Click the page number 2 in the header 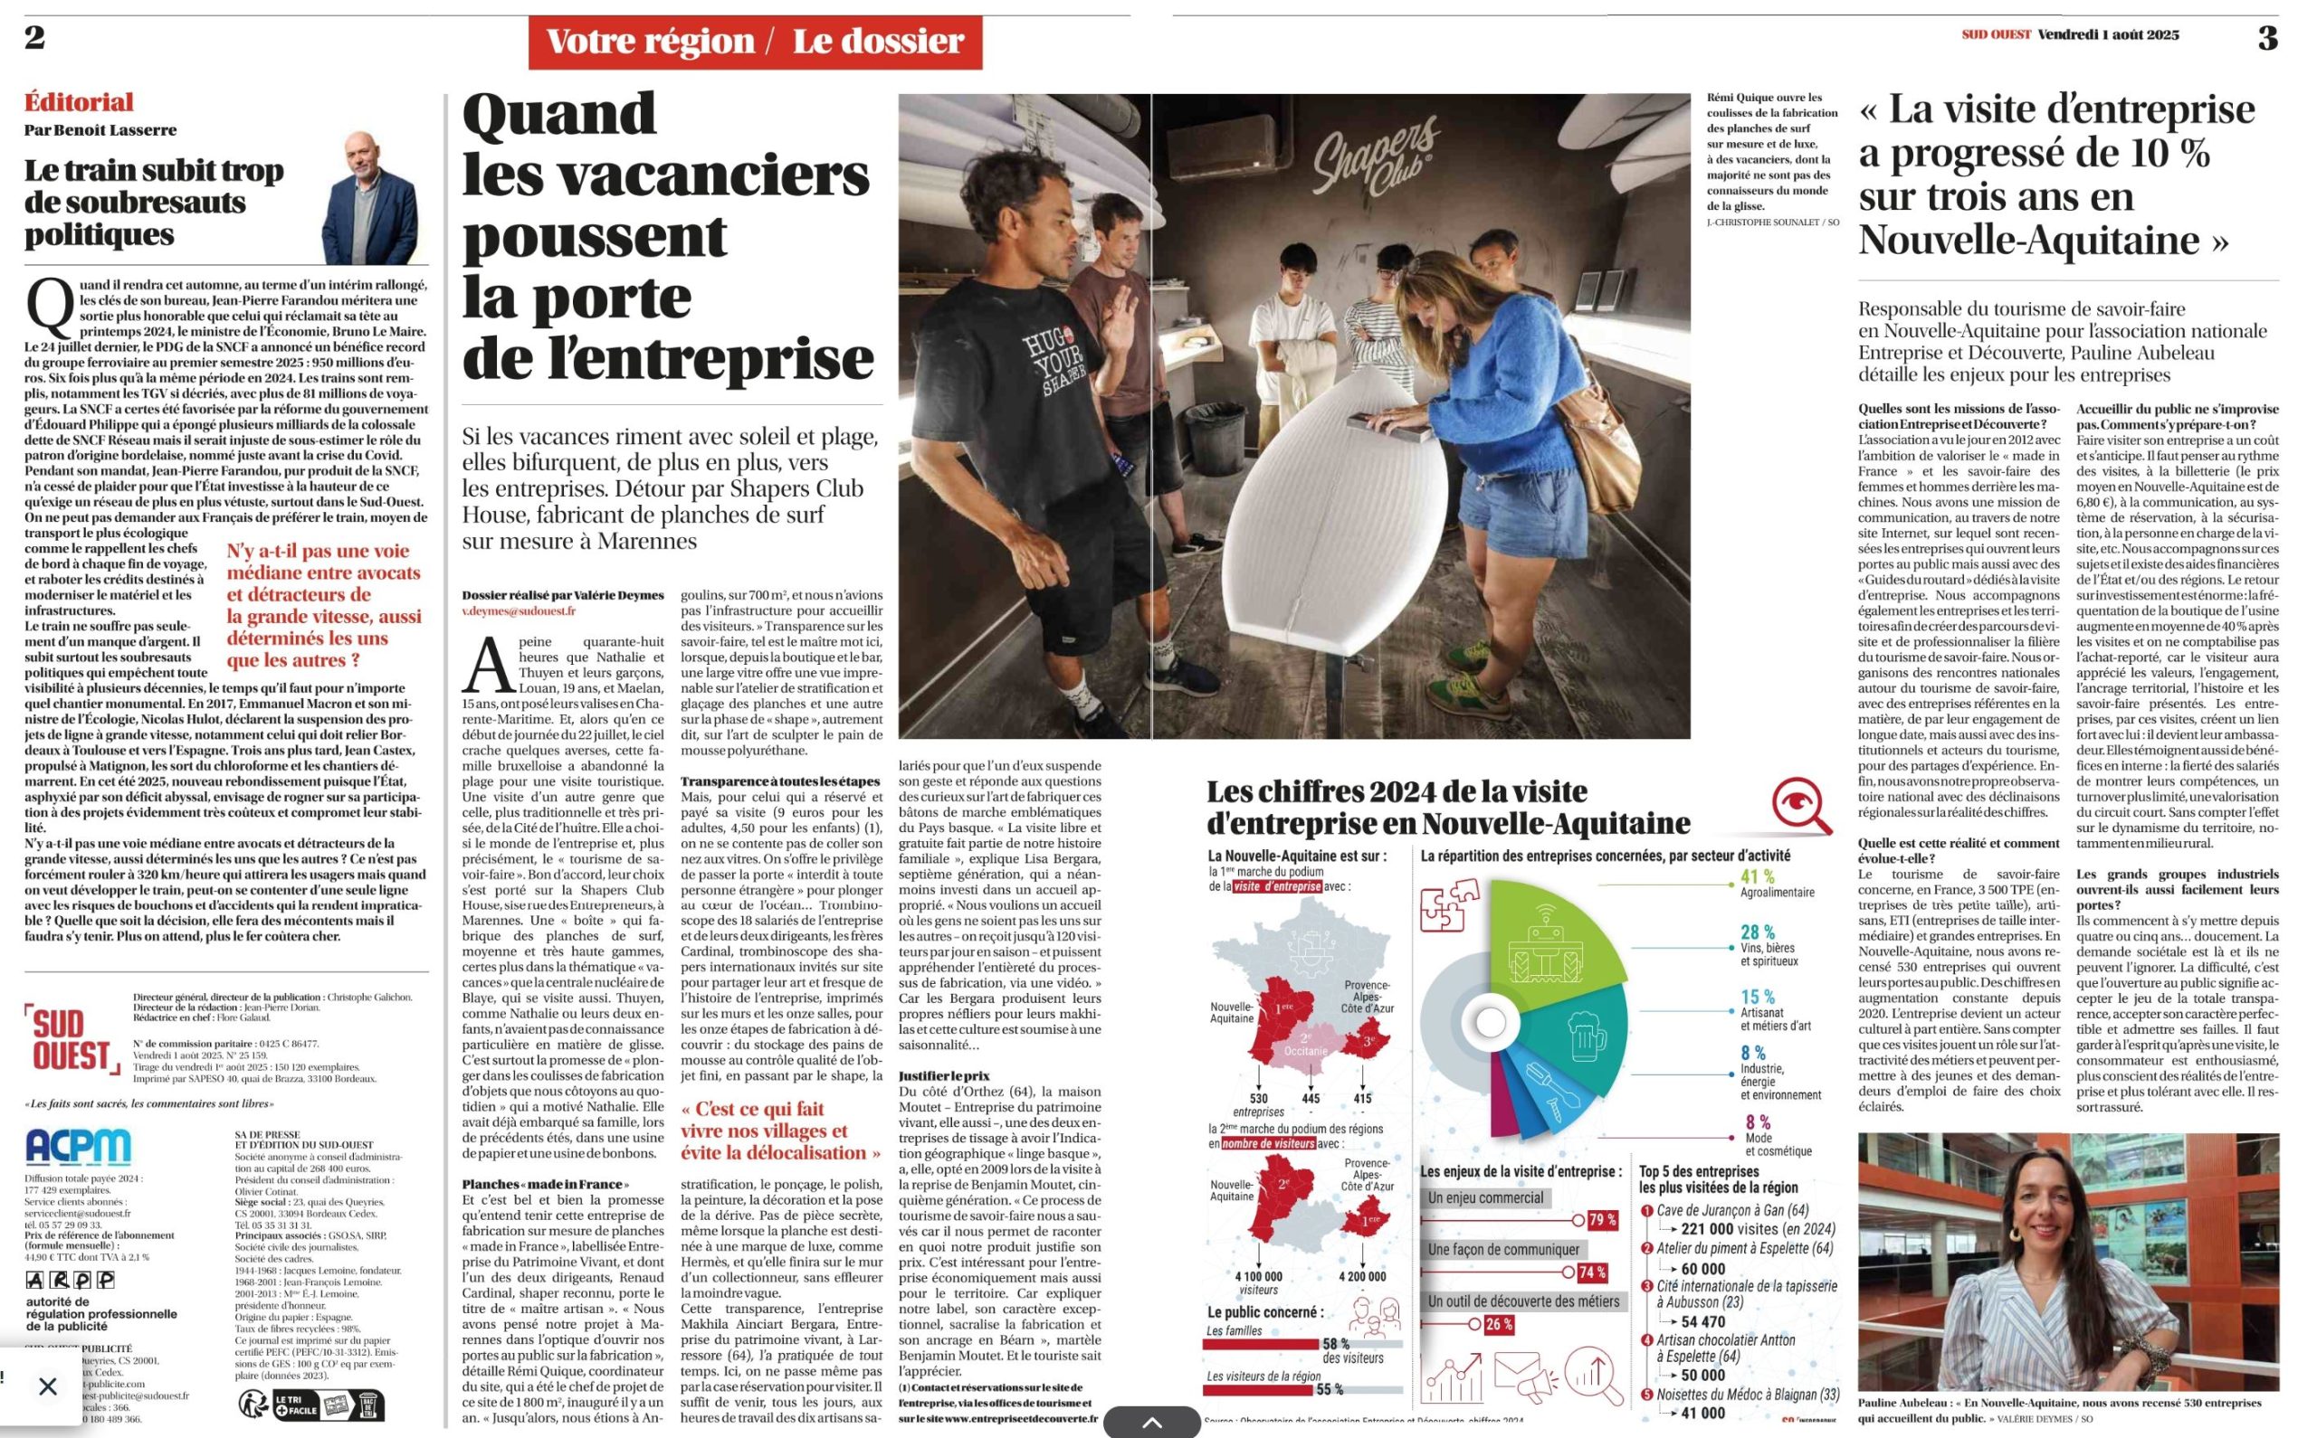point(35,38)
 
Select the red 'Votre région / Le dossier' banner point(755,42)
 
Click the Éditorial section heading point(79,102)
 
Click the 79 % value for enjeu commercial point(1602,1220)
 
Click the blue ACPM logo point(78,1147)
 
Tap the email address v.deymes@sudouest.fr point(519,611)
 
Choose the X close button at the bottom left point(48,1386)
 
